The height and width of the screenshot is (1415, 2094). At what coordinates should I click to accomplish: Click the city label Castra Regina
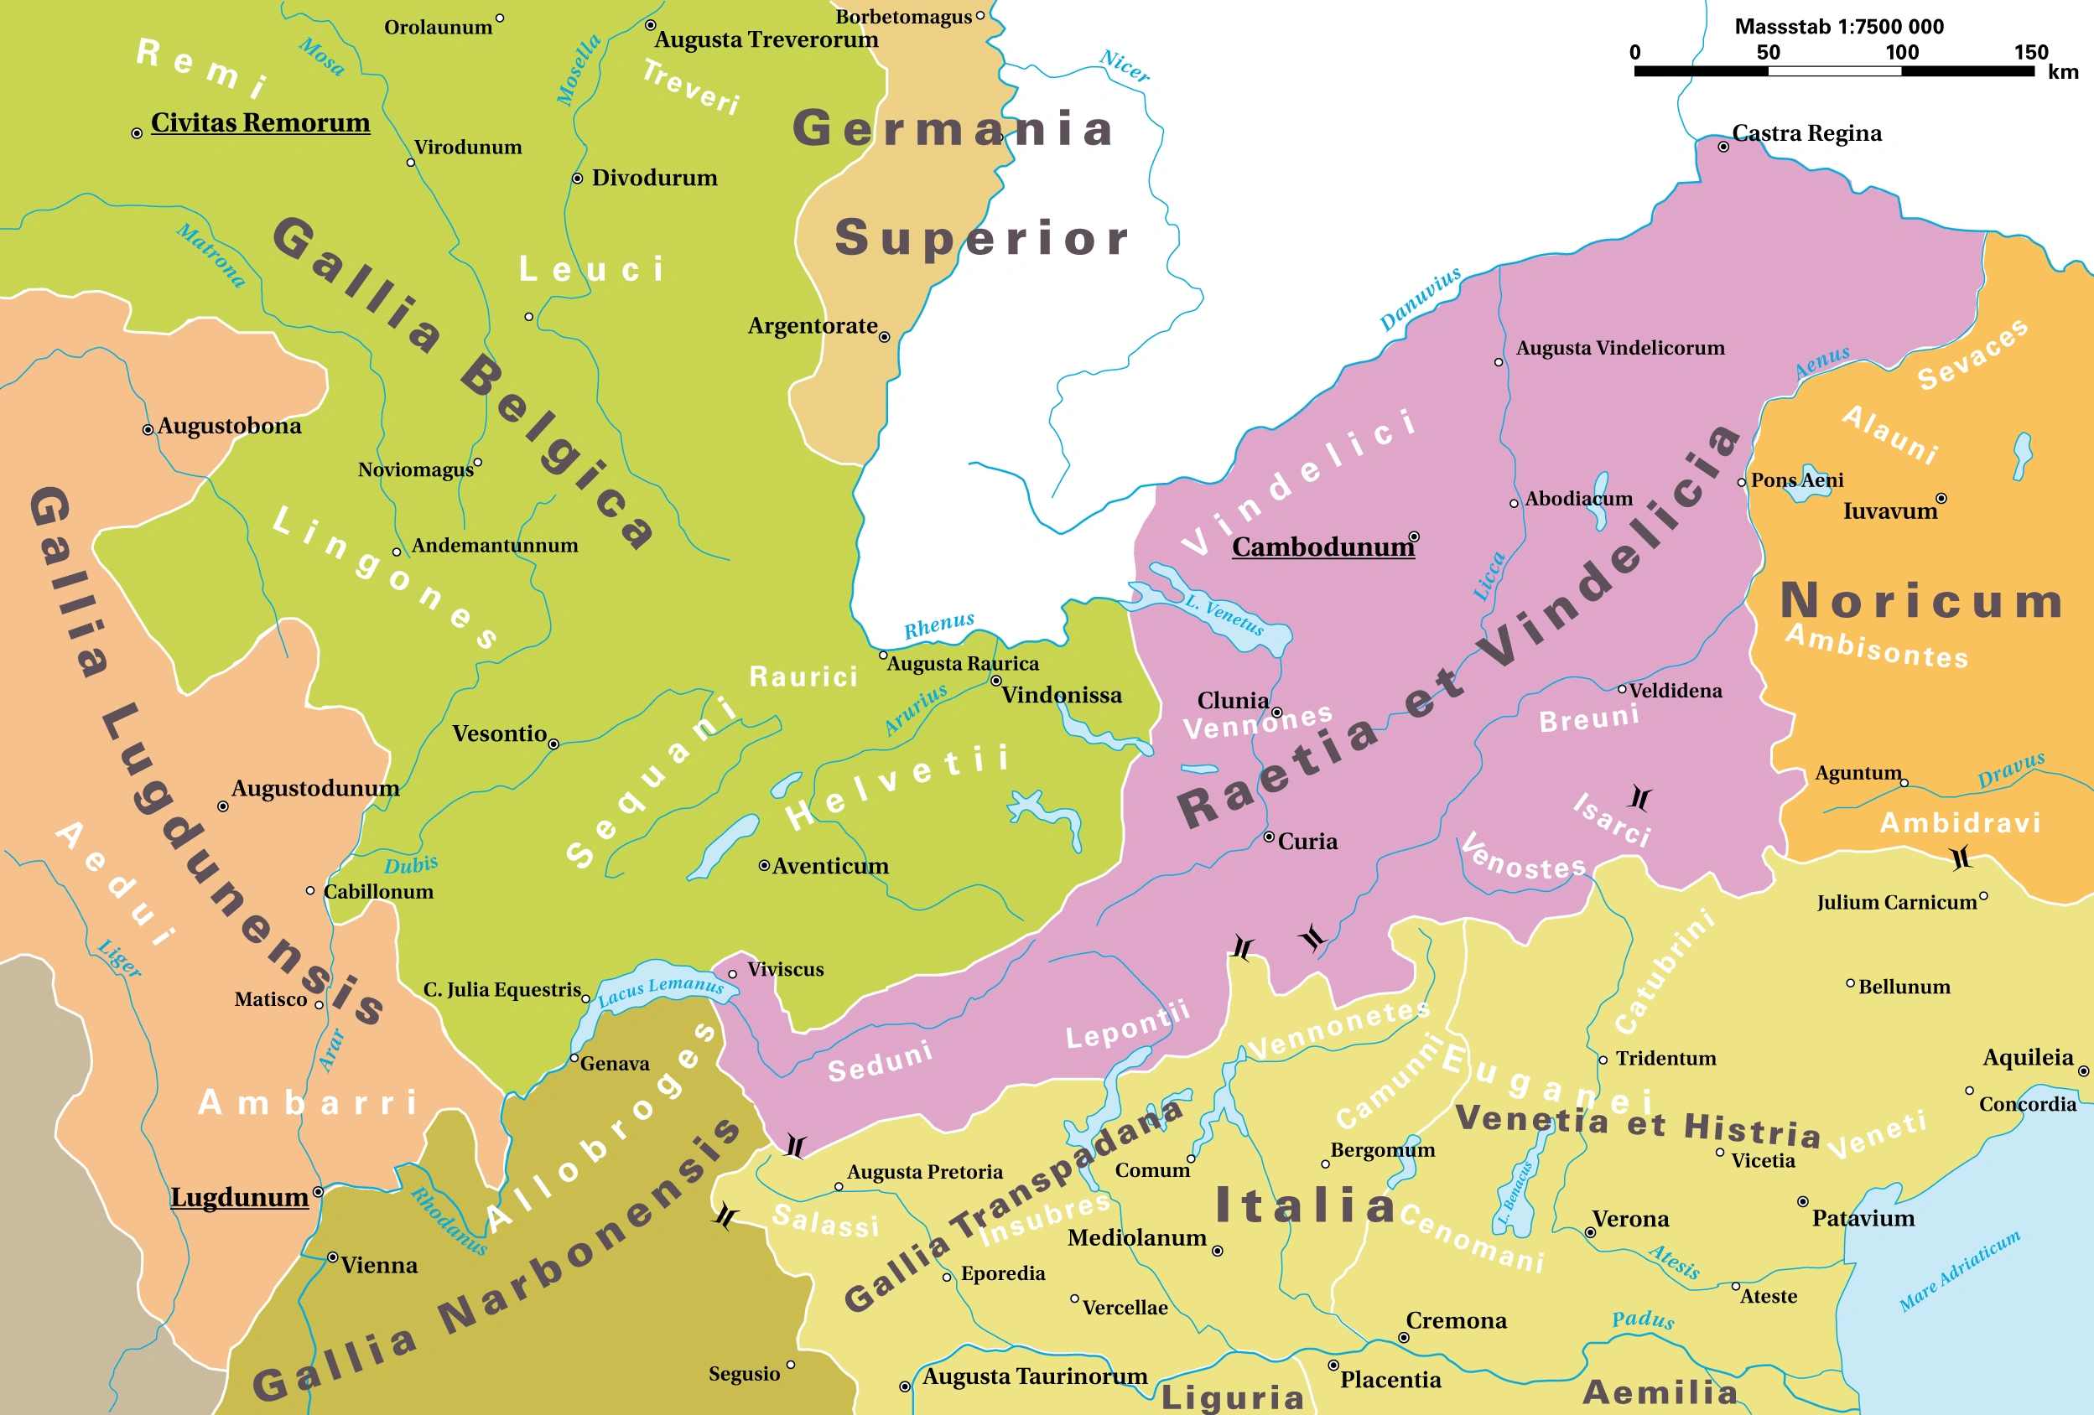[1806, 133]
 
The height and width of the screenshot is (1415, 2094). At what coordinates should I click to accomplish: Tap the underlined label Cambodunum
[1322, 547]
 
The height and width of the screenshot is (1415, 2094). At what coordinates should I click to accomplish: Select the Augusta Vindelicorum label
[1619, 348]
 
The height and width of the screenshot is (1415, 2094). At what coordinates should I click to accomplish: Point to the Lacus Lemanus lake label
[661, 990]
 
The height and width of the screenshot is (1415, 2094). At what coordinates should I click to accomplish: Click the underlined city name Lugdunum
[240, 1197]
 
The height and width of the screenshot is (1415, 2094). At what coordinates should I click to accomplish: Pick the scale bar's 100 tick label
[1901, 52]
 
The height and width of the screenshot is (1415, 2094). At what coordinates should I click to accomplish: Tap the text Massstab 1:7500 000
[1838, 26]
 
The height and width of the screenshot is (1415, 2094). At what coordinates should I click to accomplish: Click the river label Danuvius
[1420, 299]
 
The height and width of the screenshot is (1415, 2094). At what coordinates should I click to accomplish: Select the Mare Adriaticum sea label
[1959, 1270]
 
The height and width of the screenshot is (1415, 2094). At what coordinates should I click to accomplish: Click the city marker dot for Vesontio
[553, 744]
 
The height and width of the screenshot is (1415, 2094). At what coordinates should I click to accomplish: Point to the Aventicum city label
[830, 866]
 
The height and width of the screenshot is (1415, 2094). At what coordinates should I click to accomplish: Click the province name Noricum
[1921, 601]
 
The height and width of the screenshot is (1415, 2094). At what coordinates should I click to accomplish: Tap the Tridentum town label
[1665, 1059]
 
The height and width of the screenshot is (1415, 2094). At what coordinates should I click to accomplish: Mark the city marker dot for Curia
[1269, 837]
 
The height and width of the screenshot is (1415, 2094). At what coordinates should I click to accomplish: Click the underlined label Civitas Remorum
[261, 122]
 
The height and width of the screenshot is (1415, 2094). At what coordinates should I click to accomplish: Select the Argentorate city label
[812, 325]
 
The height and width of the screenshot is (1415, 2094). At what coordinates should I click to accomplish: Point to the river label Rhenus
[939, 625]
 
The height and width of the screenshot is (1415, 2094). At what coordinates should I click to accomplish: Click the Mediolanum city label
[1136, 1237]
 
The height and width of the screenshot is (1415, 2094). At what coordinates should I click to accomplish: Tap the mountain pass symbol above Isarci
[1639, 797]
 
